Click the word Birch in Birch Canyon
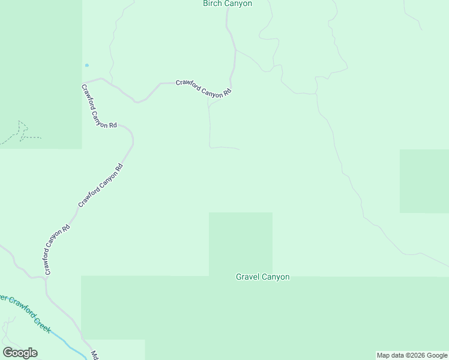pyautogui.click(x=213, y=4)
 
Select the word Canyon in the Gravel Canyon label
pyautogui.click(x=277, y=277)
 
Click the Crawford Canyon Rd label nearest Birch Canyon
pyautogui.click(x=203, y=88)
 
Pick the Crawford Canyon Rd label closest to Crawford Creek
pyautogui.click(x=57, y=250)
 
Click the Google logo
pyautogui.click(x=20, y=353)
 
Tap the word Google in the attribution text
pyautogui.click(x=436, y=356)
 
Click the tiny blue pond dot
pyautogui.click(x=87, y=65)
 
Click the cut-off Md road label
pyautogui.click(x=94, y=355)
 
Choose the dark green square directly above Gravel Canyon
pyautogui.click(x=240, y=243)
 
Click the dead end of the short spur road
pyautogui.click(x=240, y=149)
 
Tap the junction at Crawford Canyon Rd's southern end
pyautogui.click(x=46, y=277)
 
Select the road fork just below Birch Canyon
pyautogui.click(x=235, y=49)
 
